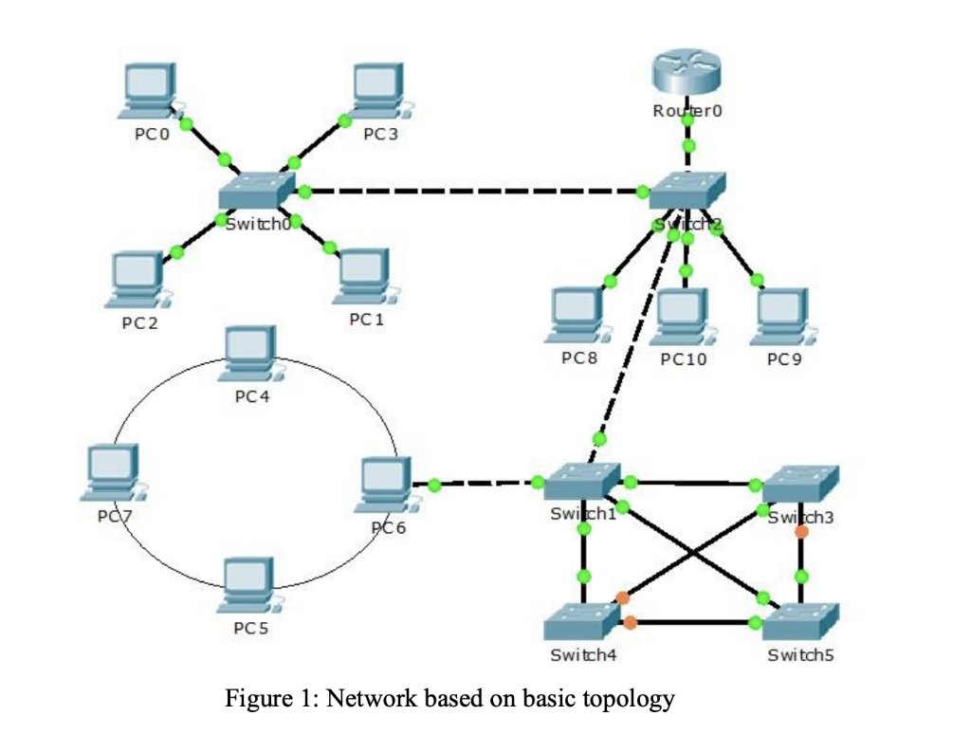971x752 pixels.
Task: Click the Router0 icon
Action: click(687, 74)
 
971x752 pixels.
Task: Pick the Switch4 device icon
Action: click(583, 622)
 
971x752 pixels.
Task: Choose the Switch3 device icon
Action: click(801, 484)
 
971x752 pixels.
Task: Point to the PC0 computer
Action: click(148, 91)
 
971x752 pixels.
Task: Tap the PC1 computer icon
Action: click(364, 277)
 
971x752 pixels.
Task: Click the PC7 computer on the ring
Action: click(113, 471)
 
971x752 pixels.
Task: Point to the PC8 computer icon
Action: click(577, 314)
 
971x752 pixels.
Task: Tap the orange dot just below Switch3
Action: click(801, 532)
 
